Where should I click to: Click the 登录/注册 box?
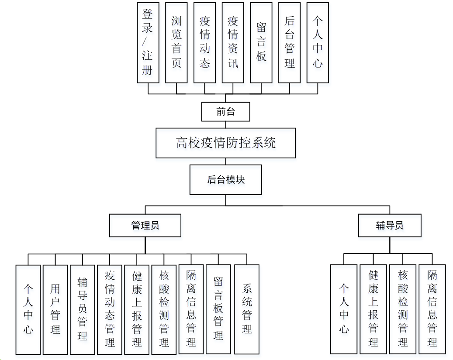point(148,42)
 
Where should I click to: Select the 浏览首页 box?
point(176,42)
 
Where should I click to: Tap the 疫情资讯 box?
point(233,42)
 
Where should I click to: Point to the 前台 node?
point(225,112)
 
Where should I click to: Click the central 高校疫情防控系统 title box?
point(225,143)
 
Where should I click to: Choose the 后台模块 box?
point(225,179)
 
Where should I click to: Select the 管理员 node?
point(145,225)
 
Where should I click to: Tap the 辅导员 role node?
point(390,225)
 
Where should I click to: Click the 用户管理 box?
point(55,309)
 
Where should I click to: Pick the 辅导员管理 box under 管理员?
point(82,309)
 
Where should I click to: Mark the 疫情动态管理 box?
point(110,309)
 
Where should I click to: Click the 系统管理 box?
point(247,309)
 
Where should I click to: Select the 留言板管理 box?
point(218,309)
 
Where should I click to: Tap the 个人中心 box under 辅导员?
point(344,309)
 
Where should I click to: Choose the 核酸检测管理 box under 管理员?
point(164,309)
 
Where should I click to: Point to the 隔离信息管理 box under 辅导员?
point(432,309)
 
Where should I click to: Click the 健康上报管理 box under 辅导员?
point(373,309)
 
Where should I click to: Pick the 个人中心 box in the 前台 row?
point(318,42)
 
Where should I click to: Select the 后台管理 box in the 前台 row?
point(289,42)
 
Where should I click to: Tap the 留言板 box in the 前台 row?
point(261,42)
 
